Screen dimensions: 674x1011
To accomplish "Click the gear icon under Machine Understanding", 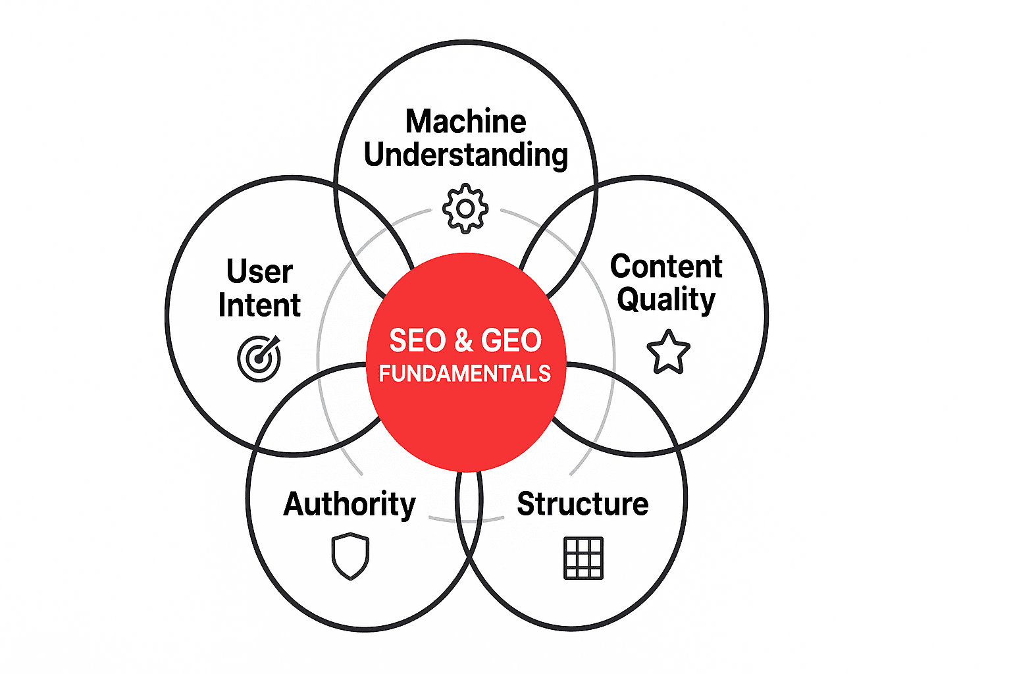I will pos(465,209).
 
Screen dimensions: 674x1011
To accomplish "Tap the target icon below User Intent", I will pos(259,359).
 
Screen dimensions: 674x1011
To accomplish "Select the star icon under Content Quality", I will pos(668,352).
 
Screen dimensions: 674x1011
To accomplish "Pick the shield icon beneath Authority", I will pos(350,556).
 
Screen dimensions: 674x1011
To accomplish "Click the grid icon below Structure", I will pos(583,558).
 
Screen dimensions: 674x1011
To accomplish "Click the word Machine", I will pos(465,122).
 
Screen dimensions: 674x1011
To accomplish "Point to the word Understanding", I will pos(465,155).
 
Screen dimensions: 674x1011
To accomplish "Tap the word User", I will pos(259,272).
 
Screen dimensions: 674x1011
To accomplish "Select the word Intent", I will pos(259,305).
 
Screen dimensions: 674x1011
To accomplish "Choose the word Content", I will pos(666,267).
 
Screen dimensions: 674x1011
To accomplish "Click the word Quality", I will pos(666,300).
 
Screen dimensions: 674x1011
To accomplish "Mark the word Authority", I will pos(350,505).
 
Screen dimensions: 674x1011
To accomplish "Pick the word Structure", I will pos(583,504).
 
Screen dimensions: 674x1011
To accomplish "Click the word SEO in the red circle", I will pos(417,341).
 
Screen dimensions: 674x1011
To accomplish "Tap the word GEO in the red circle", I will pos(511,341).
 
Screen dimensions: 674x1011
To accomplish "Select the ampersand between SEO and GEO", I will pos(463,341).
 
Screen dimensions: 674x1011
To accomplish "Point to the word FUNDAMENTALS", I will pos(465,374).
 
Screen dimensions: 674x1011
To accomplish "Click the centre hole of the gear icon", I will pos(465,209).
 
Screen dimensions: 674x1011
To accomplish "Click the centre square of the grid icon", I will pos(583,558).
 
